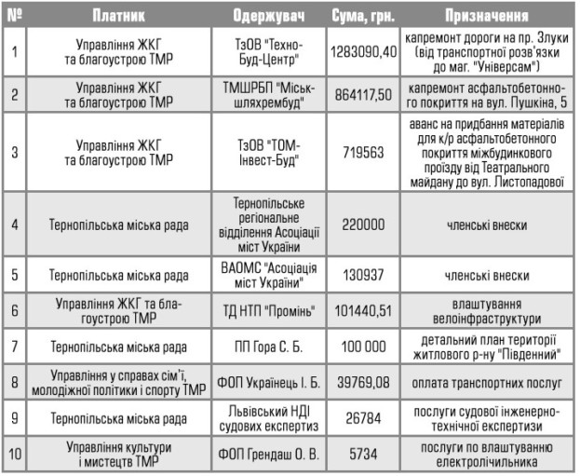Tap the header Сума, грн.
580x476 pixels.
tap(363, 17)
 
